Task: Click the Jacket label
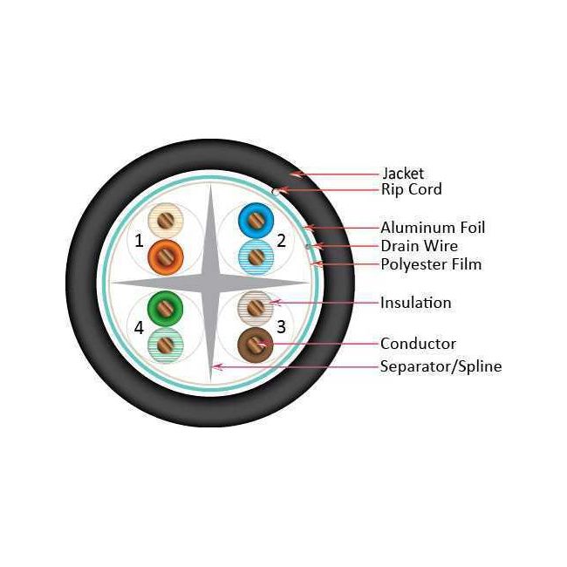tap(403, 174)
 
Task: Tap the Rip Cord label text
tap(412, 189)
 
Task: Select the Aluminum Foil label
tap(433, 228)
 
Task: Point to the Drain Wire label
tap(419, 246)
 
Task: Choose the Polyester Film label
tap(431, 264)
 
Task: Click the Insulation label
tap(416, 303)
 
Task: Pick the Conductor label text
tap(418, 344)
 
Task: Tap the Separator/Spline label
tap(441, 366)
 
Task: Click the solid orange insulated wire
tap(166, 257)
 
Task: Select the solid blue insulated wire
tap(256, 220)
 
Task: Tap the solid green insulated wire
tap(165, 309)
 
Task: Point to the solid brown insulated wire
tap(256, 345)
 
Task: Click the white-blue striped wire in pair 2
tap(256, 257)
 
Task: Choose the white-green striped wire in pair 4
tap(165, 345)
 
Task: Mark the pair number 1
tap(139, 241)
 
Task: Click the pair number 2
tap(282, 241)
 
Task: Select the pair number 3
tap(282, 326)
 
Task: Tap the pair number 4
tap(139, 328)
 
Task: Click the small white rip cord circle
tap(276, 192)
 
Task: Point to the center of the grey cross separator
tap(210, 283)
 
